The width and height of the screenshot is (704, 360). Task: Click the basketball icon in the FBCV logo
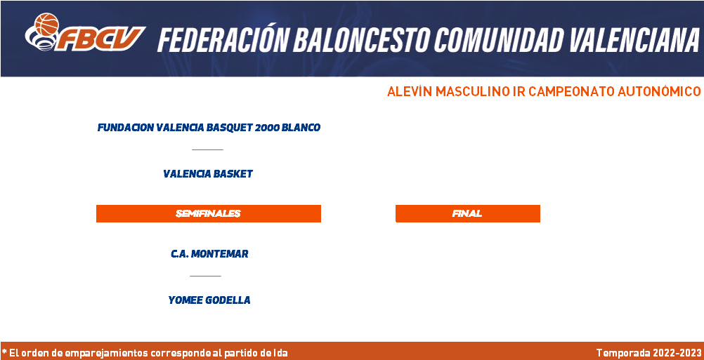(46, 24)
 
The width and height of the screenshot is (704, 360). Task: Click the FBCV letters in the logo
(100, 39)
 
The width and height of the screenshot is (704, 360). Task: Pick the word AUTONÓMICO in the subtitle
(659, 91)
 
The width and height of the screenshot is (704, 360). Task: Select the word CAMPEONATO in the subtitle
(571, 91)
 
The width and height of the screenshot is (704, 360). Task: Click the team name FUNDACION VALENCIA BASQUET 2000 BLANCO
(209, 128)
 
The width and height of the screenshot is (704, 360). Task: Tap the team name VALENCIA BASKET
(208, 174)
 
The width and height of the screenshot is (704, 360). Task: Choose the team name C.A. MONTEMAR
(209, 254)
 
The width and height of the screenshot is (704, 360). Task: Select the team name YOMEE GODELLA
(209, 300)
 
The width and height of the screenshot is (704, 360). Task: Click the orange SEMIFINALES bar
(209, 213)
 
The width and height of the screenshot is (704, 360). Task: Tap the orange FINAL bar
(467, 213)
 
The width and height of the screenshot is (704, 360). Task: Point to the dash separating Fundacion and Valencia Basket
(207, 149)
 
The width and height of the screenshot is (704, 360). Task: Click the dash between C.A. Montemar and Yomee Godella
(206, 276)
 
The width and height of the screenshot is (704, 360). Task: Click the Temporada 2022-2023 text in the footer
(648, 353)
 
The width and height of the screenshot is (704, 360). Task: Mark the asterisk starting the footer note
(4, 352)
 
